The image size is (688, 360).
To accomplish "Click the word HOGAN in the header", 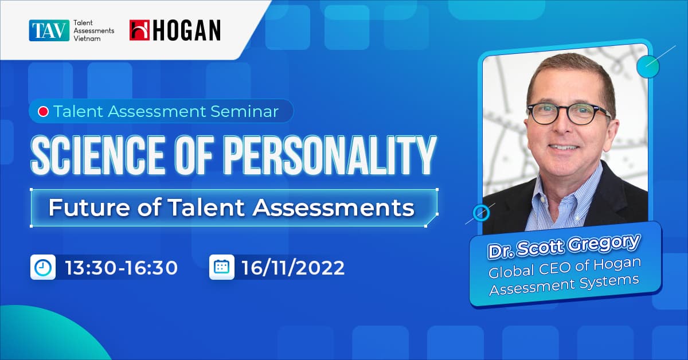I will click(x=186, y=30).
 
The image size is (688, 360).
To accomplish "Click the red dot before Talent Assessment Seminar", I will click(x=42, y=111).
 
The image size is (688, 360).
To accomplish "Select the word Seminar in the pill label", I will click(x=247, y=111).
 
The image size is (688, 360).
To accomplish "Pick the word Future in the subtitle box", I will click(x=80, y=208).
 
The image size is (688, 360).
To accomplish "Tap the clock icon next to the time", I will click(x=43, y=267).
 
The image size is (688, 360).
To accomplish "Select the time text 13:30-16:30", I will click(x=122, y=268).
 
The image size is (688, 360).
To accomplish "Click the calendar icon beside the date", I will click(x=221, y=267).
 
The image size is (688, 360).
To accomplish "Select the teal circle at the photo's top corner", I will click(x=648, y=66).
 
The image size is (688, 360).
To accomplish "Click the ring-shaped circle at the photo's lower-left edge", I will click(x=480, y=214).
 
